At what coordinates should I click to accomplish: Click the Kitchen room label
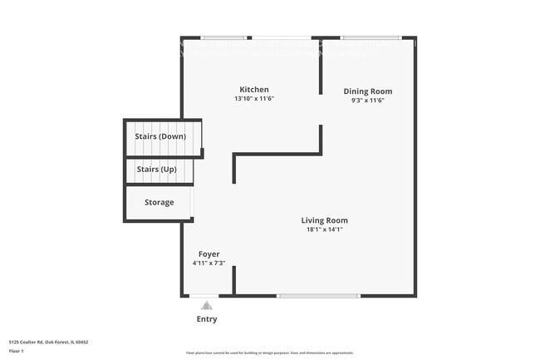(x=254, y=90)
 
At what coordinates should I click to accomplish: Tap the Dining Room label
(x=368, y=91)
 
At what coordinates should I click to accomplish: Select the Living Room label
(x=324, y=220)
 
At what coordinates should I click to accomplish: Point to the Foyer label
(x=209, y=254)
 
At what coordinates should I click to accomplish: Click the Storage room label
(x=159, y=202)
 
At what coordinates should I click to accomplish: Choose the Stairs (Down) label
(x=160, y=136)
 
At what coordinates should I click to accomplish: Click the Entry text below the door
(x=207, y=319)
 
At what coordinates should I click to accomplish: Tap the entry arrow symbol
(x=206, y=305)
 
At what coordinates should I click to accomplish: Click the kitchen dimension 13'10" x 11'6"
(x=254, y=99)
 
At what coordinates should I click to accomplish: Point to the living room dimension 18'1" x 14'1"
(x=324, y=229)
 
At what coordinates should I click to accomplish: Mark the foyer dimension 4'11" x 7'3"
(x=209, y=263)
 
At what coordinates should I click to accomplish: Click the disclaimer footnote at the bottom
(x=269, y=353)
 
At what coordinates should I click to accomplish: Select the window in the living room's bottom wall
(x=319, y=295)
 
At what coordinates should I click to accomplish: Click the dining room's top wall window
(x=371, y=37)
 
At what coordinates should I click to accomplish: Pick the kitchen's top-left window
(x=225, y=37)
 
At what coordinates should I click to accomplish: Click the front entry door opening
(x=205, y=295)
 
